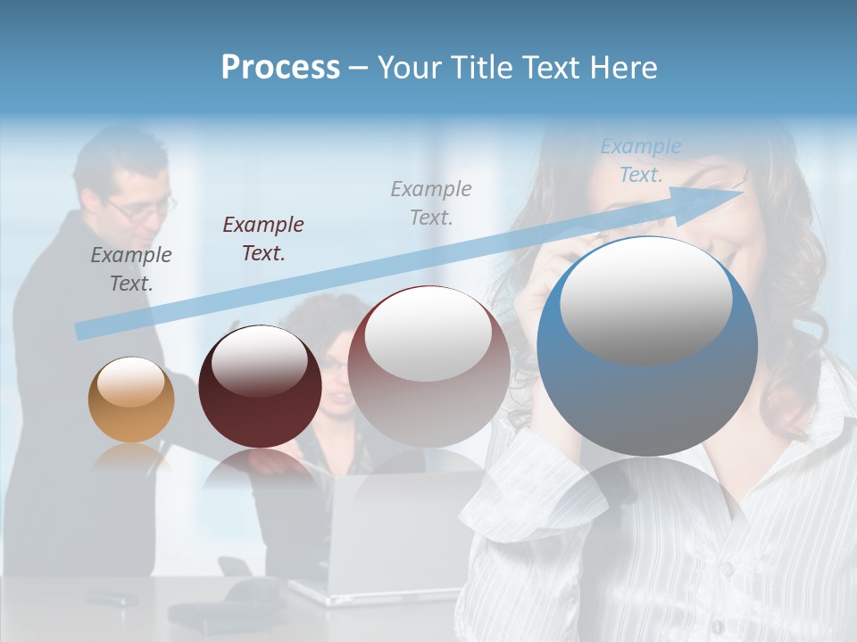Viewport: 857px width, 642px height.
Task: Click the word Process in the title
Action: click(x=280, y=68)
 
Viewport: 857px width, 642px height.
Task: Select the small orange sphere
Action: click(x=131, y=399)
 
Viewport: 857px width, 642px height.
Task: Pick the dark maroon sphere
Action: click(x=260, y=387)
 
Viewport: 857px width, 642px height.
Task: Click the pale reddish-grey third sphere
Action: click(x=428, y=366)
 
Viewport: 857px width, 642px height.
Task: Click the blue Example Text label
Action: click(x=641, y=160)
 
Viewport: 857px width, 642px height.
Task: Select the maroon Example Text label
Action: click(x=263, y=239)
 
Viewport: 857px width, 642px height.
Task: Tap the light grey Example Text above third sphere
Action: click(x=431, y=202)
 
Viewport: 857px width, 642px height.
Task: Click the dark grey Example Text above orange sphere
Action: click(x=131, y=269)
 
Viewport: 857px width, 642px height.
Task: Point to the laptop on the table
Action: click(x=393, y=535)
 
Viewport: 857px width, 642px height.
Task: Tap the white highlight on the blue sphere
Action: click(x=645, y=299)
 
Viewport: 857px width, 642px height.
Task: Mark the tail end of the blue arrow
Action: click(x=83, y=331)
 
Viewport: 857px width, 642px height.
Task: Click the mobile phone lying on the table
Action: click(x=106, y=597)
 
